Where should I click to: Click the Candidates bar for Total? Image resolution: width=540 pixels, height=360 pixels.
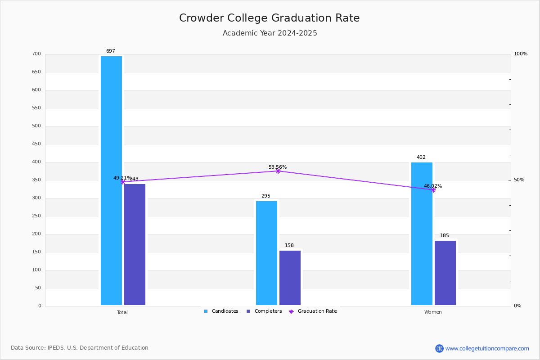pos(111,180)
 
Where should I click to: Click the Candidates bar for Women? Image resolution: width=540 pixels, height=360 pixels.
pos(422,234)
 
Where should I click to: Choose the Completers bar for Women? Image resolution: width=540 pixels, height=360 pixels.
pos(445,273)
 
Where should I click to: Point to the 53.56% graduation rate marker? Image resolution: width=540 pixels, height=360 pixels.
pos(278,171)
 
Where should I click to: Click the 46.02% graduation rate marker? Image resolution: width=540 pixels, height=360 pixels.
pos(433,190)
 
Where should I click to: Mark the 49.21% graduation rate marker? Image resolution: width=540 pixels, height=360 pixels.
pos(122,182)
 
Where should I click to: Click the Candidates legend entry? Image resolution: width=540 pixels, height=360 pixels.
pos(221,311)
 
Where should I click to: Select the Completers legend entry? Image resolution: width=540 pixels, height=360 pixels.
pos(264,311)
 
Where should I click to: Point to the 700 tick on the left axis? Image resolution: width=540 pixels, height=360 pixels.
pos(36,54)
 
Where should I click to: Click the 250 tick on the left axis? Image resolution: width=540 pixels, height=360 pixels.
pos(36,216)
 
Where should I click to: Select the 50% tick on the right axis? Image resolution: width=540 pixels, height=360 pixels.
pos(519,180)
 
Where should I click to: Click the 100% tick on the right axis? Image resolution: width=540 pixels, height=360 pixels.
pos(520,54)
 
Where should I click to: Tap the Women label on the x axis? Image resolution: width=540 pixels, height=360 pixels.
pos(433,312)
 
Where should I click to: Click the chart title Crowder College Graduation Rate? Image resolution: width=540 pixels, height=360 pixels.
pos(270,18)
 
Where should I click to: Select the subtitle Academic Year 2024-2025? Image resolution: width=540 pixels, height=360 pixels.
pos(270,33)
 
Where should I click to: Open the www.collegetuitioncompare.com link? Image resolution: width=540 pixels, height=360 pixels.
pos(487,348)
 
